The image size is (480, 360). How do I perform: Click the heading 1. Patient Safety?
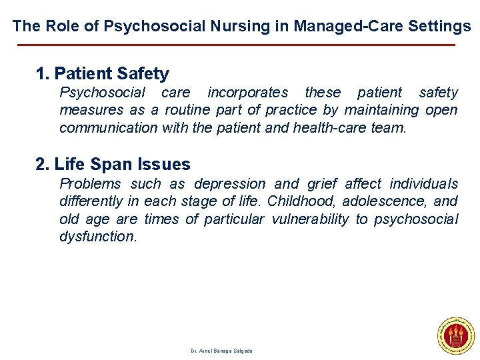103,73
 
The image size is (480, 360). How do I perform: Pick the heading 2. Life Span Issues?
113,164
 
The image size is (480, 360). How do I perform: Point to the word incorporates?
247,93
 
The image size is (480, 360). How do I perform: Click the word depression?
229,184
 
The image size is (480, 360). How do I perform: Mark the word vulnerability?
310,219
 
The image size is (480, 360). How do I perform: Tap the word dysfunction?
97,236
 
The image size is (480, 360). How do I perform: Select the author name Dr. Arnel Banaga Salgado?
221,351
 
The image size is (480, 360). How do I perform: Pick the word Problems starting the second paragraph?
90,184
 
